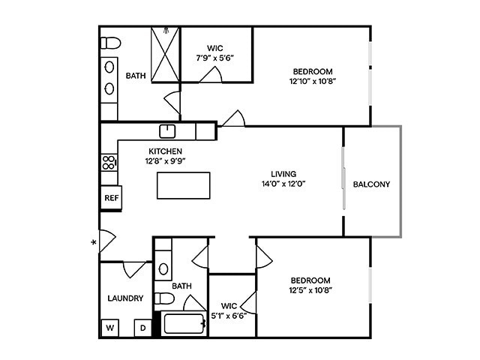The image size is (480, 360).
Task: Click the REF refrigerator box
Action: pyautogui.click(x=111, y=198)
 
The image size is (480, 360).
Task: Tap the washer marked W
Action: pyautogui.click(x=109, y=328)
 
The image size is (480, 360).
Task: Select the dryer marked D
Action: pyautogui.click(x=142, y=328)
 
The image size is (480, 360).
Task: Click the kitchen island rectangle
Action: pyautogui.click(x=183, y=185)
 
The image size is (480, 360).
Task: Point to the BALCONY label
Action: pyautogui.click(x=371, y=184)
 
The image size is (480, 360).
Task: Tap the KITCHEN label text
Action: pyautogui.click(x=165, y=151)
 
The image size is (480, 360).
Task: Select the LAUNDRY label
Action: pyautogui.click(x=125, y=298)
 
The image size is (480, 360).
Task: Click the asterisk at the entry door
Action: pyautogui.click(x=94, y=242)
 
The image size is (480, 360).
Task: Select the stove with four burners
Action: pyautogui.click(x=109, y=163)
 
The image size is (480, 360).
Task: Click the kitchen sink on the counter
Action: pyautogui.click(x=169, y=131)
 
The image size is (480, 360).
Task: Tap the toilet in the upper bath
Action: pyautogui.click(x=110, y=42)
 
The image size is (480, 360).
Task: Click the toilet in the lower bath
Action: pyautogui.click(x=165, y=299)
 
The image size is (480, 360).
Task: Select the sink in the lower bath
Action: pyautogui.click(x=163, y=268)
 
